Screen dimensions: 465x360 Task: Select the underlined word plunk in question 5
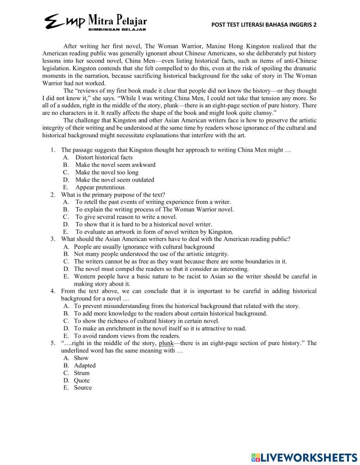[x=166, y=343]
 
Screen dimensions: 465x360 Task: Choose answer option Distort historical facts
[x=104, y=157]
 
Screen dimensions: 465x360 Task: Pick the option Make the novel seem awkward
[x=115, y=165]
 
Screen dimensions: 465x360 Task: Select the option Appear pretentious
[x=100, y=187]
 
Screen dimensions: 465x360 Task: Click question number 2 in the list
[x=53, y=195]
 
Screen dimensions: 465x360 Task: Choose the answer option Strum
[x=81, y=373]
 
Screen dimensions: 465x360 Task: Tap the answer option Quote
[x=82, y=380]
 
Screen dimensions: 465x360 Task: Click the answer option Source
[x=82, y=388]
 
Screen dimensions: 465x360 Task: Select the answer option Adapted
[x=85, y=365]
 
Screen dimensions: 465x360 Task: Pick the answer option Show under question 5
[x=81, y=358]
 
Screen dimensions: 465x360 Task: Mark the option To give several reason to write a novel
[x=126, y=217]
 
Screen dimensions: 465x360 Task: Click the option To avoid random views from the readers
[x=127, y=336]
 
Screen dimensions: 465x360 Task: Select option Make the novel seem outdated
[x=114, y=180]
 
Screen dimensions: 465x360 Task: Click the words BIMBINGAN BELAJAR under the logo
[x=117, y=30]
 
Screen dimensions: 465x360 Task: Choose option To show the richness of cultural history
[x=146, y=321]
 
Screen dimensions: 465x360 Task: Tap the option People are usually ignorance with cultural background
[x=144, y=247]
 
